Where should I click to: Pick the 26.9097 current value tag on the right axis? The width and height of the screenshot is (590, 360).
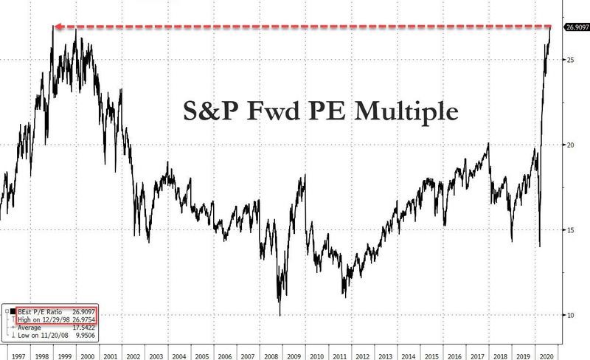click(576, 27)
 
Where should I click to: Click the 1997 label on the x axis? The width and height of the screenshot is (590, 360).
click(13, 353)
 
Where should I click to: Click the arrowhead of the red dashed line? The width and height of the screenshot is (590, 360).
click(55, 27)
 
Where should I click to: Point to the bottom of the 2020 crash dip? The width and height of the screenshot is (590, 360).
click(541, 246)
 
